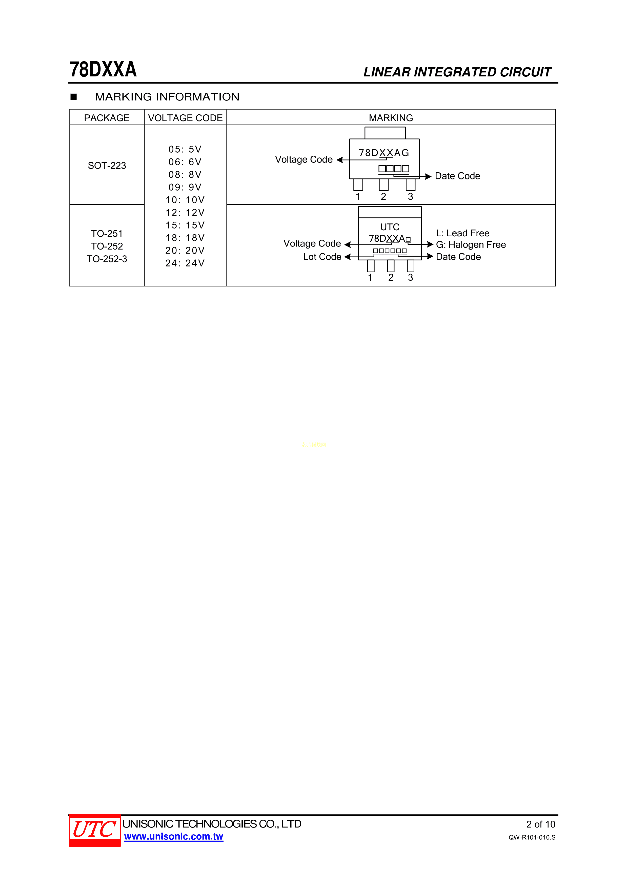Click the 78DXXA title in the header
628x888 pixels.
coord(103,70)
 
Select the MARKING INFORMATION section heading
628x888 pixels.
coord(167,97)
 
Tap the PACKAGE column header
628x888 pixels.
coord(107,118)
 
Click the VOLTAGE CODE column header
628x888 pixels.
coord(185,118)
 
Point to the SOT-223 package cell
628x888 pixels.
coord(107,166)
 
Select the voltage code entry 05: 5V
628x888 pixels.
coord(185,149)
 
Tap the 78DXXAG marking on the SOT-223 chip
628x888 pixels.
coord(384,153)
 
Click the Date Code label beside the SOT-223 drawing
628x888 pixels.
coord(457,176)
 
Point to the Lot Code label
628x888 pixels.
coord(322,257)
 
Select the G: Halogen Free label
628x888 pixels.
coord(471,244)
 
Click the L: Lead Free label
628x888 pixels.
coord(463,233)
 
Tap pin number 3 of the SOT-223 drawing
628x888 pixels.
coord(411,196)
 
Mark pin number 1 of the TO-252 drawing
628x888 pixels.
coord(370,277)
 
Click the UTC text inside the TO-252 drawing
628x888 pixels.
coord(390,227)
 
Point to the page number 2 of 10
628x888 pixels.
coord(541,824)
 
